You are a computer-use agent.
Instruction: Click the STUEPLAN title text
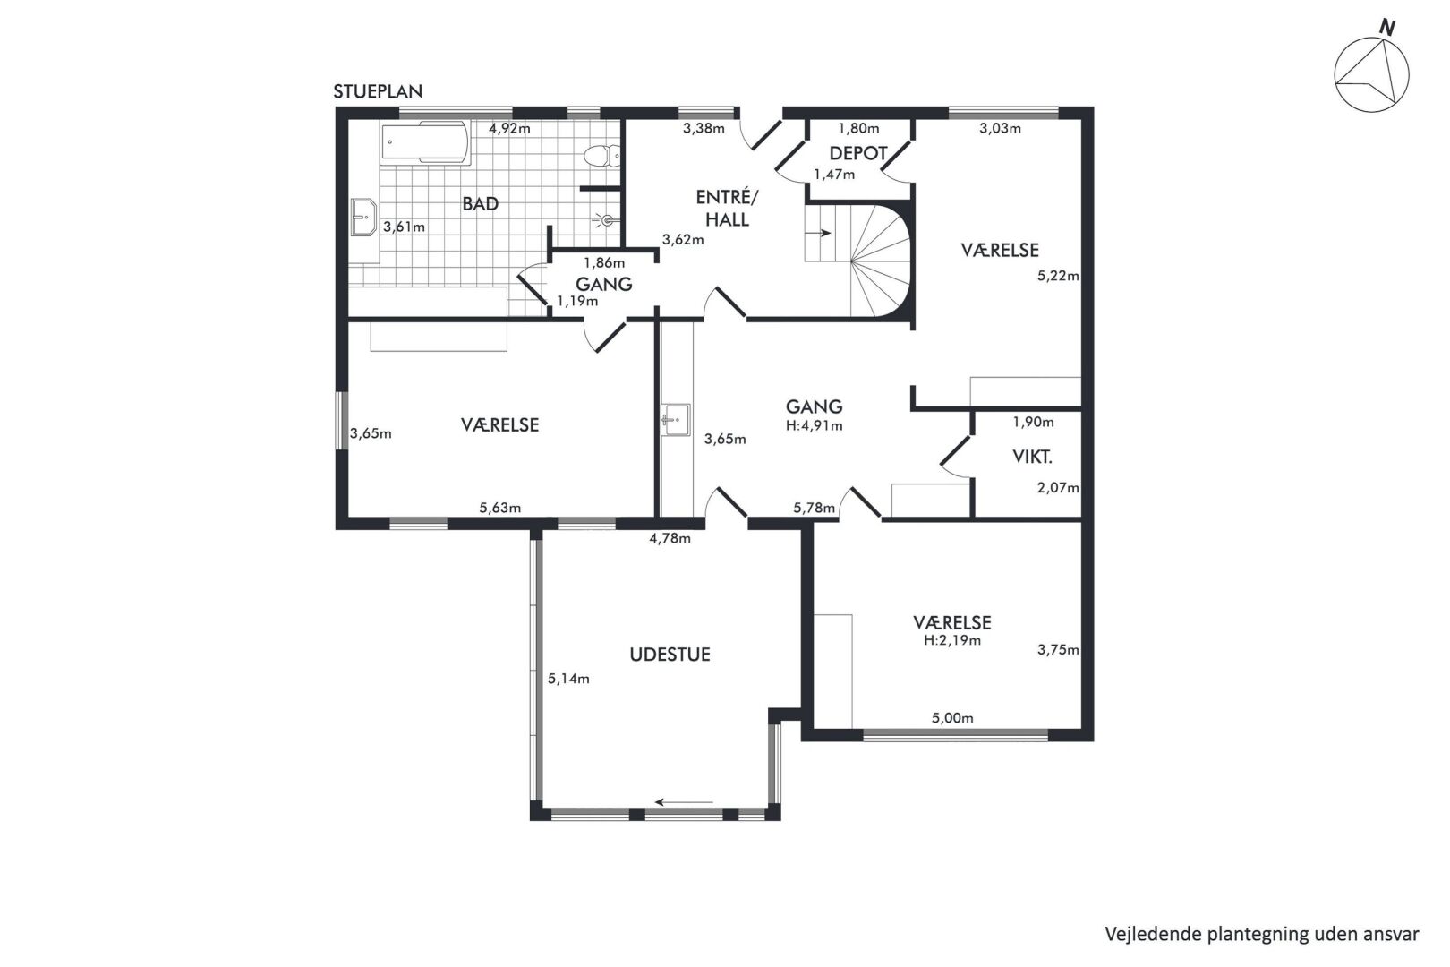[x=378, y=91]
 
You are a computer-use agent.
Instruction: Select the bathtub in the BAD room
[x=424, y=142]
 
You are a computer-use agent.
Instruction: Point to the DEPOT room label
[x=857, y=153]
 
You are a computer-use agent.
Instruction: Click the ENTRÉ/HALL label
[x=727, y=208]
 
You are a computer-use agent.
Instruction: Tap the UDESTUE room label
[x=670, y=655]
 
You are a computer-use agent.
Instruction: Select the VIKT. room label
[x=1032, y=457]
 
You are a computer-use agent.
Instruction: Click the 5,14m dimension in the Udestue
[x=568, y=679]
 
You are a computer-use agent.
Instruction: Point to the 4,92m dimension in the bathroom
[x=509, y=128]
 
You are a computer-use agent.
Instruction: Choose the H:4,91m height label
[x=815, y=425]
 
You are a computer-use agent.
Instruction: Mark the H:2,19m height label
[x=952, y=640]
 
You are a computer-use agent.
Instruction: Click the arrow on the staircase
[x=823, y=233]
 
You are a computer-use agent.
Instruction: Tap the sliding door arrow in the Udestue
[x=684, y=802]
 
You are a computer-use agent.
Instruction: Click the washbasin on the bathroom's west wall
[x=363, y=217]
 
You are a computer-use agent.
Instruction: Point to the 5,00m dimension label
[x=952, y=718]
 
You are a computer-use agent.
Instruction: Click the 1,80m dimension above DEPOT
[x=859, y=128]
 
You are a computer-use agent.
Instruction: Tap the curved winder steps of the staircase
[x=881, y=261]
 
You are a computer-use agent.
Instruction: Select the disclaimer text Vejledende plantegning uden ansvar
[x=1262, y=934]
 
